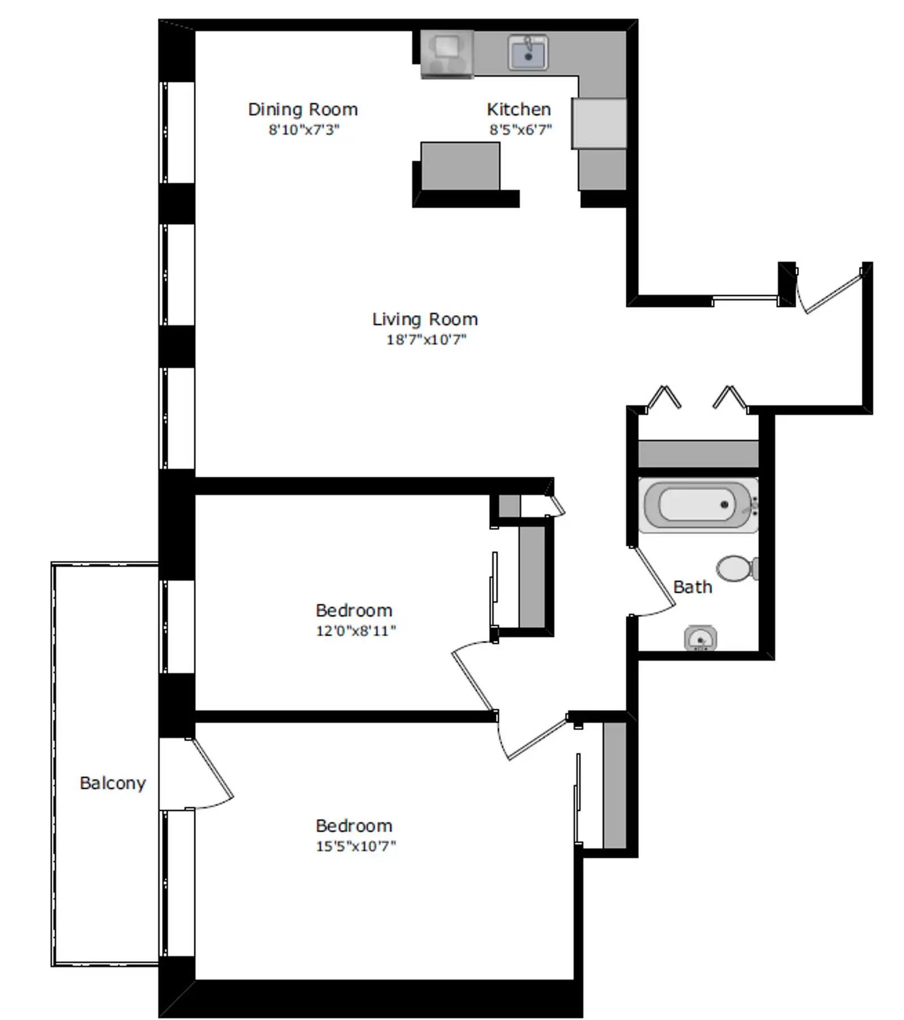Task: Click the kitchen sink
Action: tap(528, 53)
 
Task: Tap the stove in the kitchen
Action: tap(447, 54)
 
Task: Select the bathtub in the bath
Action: tap(698, 505)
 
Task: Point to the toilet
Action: tap(737, 568)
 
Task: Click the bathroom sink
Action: tap(701, 639)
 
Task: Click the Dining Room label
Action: tap(303, 109)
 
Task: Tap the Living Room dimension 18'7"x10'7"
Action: tap(426, 340)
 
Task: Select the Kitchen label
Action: tap(519, 109)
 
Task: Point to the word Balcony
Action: tap(113, 783)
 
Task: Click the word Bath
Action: tap(693, 587)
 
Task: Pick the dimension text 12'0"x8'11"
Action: tap(356, 631)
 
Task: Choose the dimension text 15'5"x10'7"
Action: tap(356, 846)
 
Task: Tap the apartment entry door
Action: tap(831, 291)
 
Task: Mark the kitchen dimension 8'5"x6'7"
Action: tap(520, 129)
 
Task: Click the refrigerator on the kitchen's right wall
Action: tap(599, 123)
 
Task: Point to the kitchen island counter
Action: tap(460, 166)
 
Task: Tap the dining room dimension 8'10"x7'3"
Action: tap(304, 129)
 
